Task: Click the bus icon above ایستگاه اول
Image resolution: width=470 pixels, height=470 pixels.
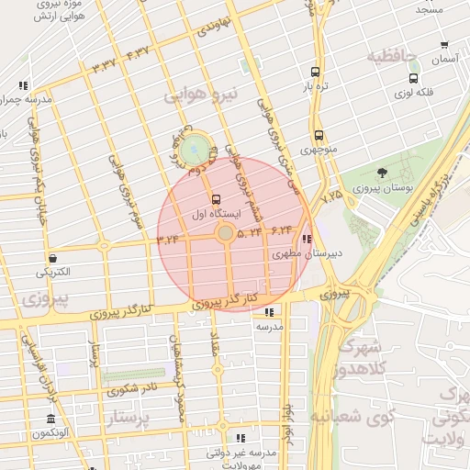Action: coord(216,198)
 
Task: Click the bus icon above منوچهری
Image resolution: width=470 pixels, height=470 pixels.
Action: coord(317,134)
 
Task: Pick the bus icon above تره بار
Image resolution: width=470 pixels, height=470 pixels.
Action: coord(316,72)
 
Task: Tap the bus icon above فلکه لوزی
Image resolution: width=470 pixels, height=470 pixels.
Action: coord(414,78)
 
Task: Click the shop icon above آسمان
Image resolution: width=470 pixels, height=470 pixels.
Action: coord(444,44)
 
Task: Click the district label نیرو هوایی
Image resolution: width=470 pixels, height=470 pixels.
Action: coord(201,95)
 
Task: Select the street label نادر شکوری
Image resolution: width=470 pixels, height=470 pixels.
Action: coord(130,388)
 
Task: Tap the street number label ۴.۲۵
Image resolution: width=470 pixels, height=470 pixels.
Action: coord(330,195)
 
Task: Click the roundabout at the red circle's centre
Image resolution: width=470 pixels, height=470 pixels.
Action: coord(225,235)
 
